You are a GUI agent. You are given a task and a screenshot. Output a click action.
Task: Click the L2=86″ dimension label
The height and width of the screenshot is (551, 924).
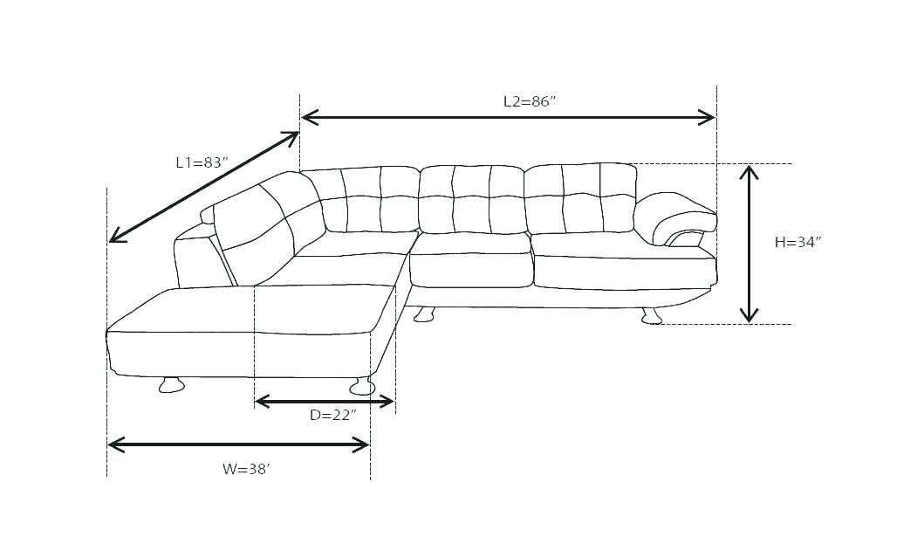click(529, 101)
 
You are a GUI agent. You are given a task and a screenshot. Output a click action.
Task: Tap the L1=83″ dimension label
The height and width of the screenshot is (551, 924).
click(202, 162)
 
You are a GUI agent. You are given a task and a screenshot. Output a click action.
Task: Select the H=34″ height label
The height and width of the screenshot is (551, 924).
click(797, 242)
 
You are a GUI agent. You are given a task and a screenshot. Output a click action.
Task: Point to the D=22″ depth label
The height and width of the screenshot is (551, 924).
click(332, 415)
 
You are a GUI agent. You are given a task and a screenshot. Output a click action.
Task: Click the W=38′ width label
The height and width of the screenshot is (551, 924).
click(246, 469)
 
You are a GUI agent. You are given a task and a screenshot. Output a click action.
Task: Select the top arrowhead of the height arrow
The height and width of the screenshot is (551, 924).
click(749, 171)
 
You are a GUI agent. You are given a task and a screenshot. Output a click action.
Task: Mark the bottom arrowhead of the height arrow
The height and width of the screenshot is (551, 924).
click(749, 316)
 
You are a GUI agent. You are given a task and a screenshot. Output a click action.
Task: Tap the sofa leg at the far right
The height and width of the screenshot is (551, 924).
click(651, 316)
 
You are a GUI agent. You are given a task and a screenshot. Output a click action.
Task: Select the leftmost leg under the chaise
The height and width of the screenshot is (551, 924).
click(171, 384)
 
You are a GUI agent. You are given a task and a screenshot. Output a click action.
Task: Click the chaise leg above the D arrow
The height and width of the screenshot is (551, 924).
click(361, 386)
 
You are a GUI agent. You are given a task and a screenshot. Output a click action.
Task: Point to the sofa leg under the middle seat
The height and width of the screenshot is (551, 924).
click(424, 314)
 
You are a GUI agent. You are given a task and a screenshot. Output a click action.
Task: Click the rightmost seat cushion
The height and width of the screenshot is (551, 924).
click(623, 272)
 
